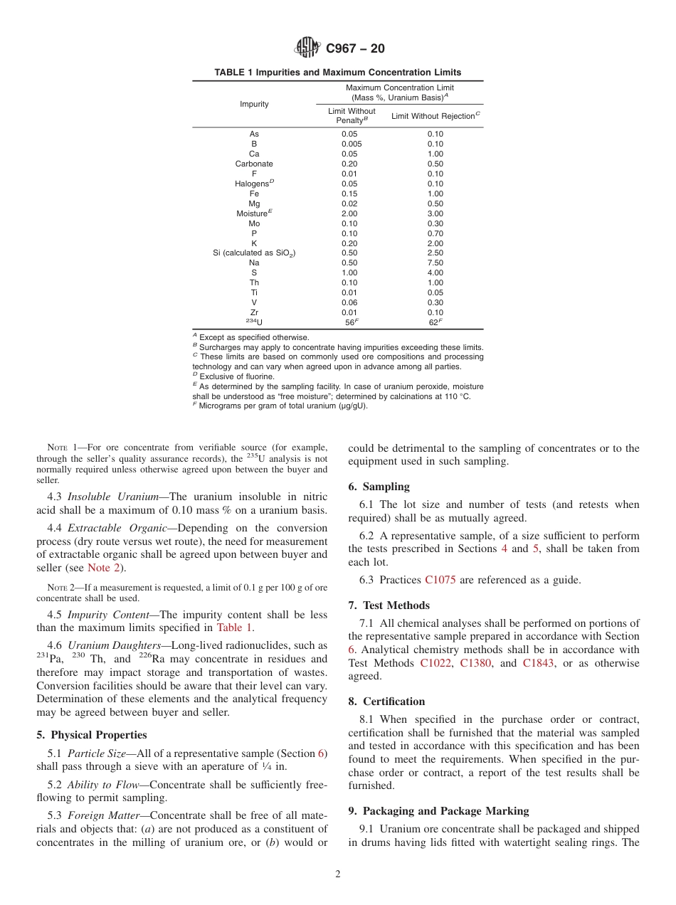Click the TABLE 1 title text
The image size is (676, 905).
[x=337, y=73]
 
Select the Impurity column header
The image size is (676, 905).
[x=254, y=105]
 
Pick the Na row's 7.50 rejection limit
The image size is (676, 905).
[x=435, y=263]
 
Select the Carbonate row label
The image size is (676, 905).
[x=254, y=164]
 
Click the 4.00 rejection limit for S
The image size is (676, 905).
[x=435, y=272]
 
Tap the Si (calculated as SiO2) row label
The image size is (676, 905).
[x=254, y=253]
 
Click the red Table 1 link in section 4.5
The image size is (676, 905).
[x=234, y=628]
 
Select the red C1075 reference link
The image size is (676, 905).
[x=440, y=580]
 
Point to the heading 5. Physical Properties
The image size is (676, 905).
[x=92, y=735]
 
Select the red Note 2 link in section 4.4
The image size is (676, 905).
[x=102, y=568]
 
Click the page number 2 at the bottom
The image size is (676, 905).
[x=338, y=874]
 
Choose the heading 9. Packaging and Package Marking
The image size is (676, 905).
[x=438, y=811]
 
